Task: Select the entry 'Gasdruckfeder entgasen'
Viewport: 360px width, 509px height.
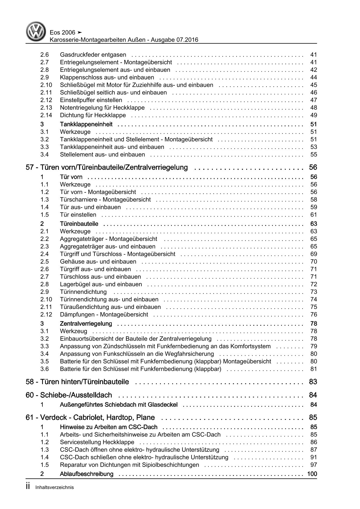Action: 93,55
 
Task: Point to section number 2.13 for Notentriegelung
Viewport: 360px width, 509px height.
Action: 46,108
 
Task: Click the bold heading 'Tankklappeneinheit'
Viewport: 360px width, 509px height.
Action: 86,124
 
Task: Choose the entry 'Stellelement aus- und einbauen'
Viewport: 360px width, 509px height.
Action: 102,154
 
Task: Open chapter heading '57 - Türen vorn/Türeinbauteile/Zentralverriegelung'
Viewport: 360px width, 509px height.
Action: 107,168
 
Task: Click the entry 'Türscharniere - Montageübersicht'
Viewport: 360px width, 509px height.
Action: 105,199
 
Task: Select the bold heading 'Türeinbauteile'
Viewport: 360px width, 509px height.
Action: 79,224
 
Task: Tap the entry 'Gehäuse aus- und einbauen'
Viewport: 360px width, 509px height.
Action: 98,262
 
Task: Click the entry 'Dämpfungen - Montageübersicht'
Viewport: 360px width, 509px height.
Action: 104,314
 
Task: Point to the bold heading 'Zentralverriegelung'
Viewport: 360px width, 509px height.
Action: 86,323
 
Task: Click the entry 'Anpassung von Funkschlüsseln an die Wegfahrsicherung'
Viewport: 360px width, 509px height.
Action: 137,354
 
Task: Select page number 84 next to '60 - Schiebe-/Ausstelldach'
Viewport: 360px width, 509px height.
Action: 313,395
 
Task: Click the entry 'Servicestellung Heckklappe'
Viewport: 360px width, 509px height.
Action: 97,442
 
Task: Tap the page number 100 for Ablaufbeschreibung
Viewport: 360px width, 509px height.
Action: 312,474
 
